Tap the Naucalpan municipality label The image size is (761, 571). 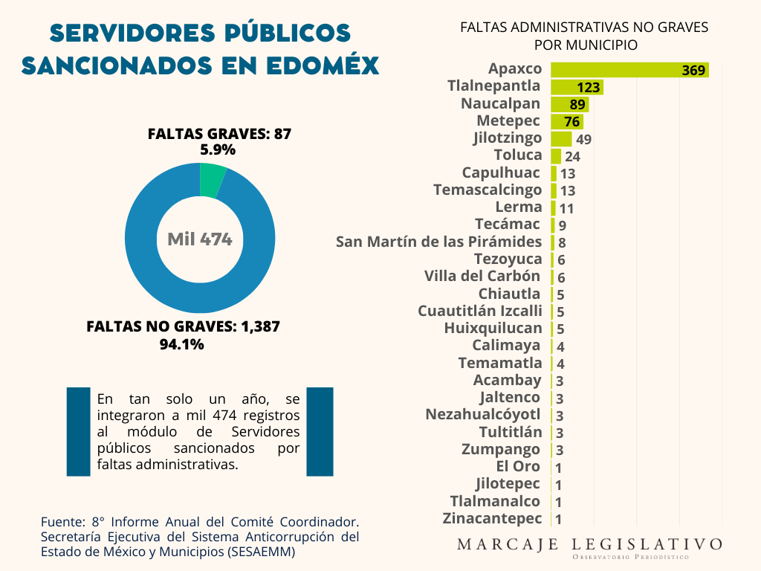[501, 103]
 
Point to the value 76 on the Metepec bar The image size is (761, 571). [571, 122]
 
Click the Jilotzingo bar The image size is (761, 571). [561, 139]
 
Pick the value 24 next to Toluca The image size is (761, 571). [572, 157]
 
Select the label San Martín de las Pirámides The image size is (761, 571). [438, 242]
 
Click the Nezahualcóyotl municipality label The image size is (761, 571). [483, 414]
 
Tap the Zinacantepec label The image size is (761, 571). [492, 518]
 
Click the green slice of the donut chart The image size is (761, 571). [212, 179]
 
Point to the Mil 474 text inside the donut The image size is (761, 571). [200, 239]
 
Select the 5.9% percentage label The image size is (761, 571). [218, 149]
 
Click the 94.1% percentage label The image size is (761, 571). [182, 344]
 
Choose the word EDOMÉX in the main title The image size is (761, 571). [320, 65]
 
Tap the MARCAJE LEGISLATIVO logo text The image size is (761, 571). [589, 544]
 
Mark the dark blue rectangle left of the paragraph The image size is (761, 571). [78, 431]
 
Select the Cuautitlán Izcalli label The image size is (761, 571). [480, 311]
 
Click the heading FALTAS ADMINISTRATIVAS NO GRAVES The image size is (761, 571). [584, 28]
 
